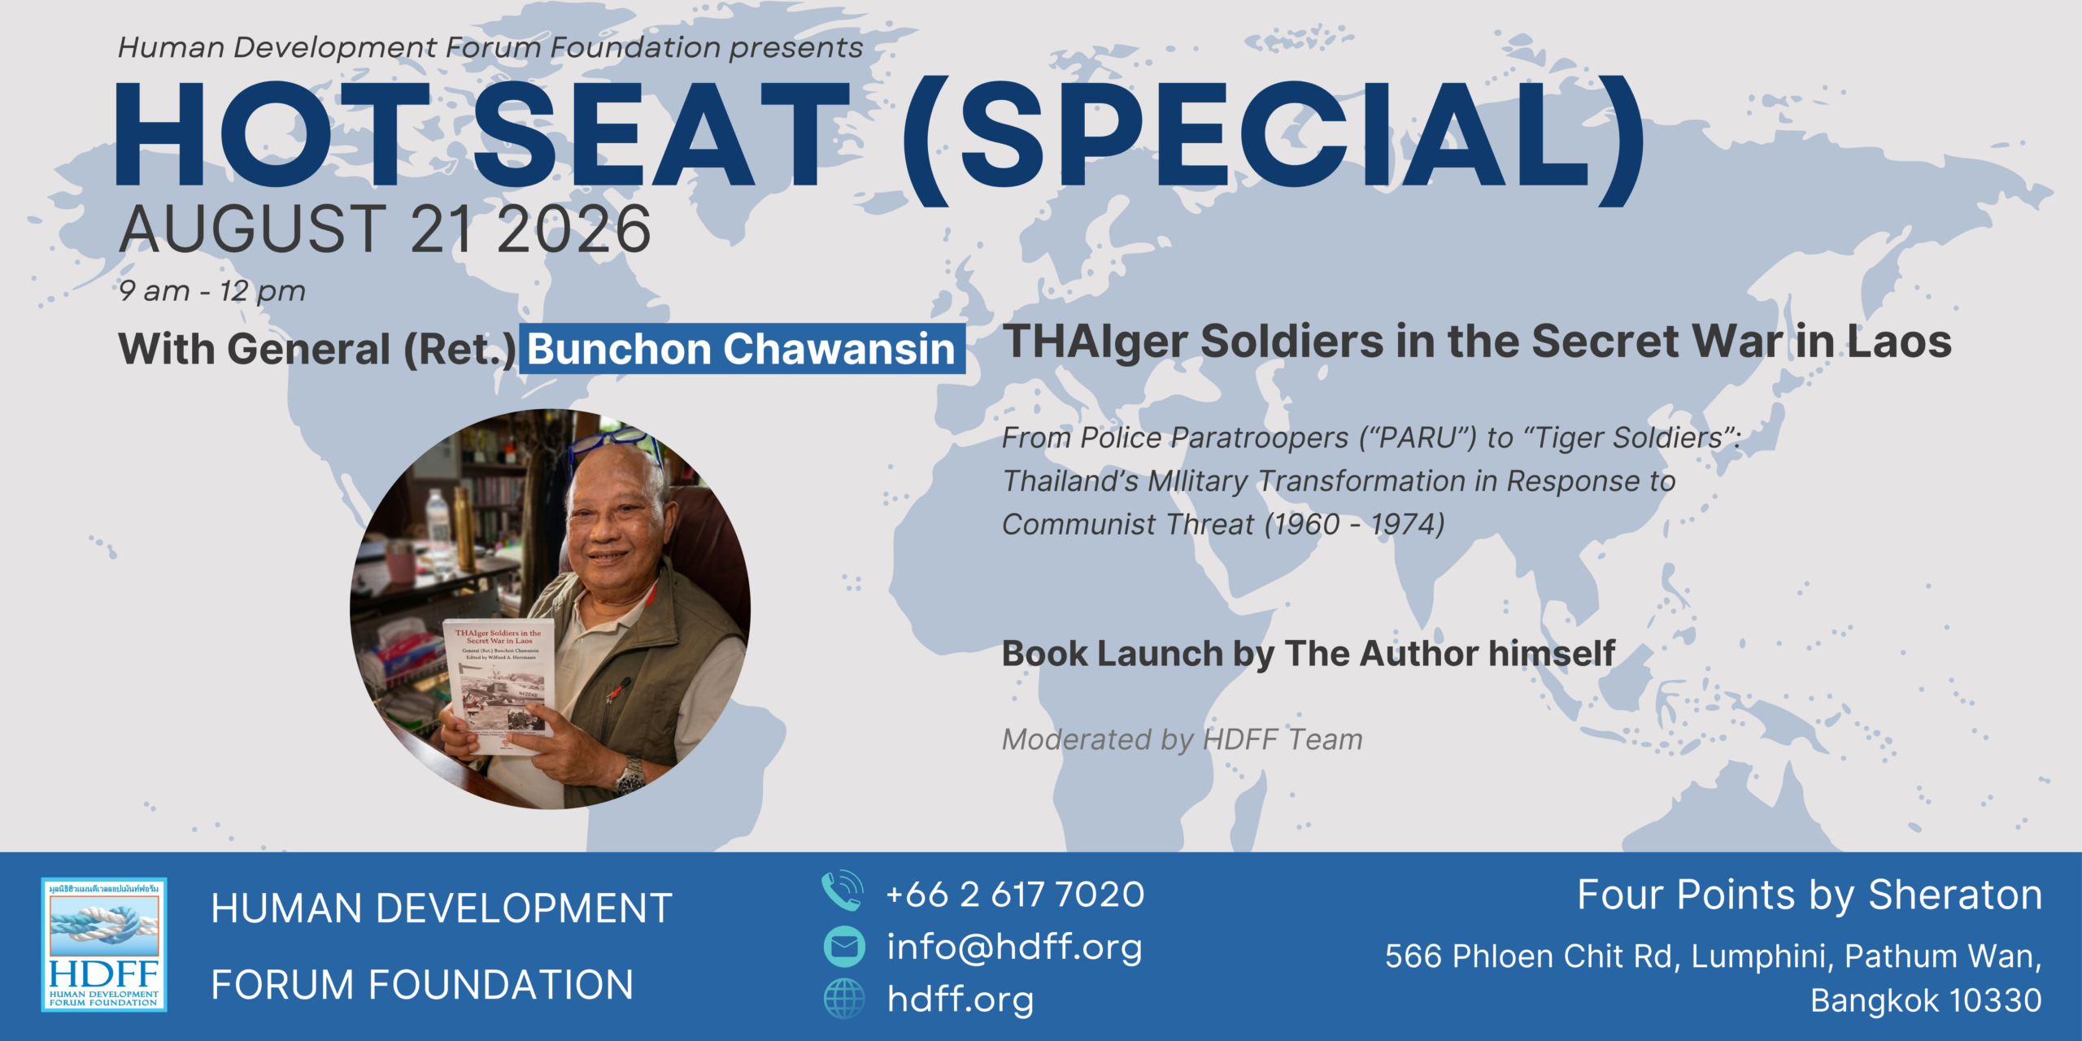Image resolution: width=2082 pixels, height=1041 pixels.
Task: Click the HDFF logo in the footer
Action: click(104, 944)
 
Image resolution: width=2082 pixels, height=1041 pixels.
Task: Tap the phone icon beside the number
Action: click(843, 891)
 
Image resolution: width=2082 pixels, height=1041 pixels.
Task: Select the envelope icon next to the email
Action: click(844, 947)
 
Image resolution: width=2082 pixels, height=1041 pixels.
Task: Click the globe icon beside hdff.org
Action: click(844, 999)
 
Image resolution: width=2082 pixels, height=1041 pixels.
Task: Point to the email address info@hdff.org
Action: click(1014, 947)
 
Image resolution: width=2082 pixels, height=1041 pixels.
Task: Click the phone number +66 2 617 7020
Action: click(1015, 894)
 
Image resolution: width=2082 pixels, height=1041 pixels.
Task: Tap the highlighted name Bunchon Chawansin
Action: click(742, 349)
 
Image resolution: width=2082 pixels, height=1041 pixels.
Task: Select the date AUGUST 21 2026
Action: click(385, 229)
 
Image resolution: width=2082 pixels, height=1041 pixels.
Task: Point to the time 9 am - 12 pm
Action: click(211, 290)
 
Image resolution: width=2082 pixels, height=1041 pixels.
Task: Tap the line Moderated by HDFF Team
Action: click(1182, 739)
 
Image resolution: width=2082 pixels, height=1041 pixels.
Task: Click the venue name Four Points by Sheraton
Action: click(1810, 895)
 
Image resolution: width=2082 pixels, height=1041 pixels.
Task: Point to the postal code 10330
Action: click(1997, 1000)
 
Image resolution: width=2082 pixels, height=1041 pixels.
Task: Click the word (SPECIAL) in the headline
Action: click(1274, 138)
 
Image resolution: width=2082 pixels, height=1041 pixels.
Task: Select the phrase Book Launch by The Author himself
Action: click(1309, 654)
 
